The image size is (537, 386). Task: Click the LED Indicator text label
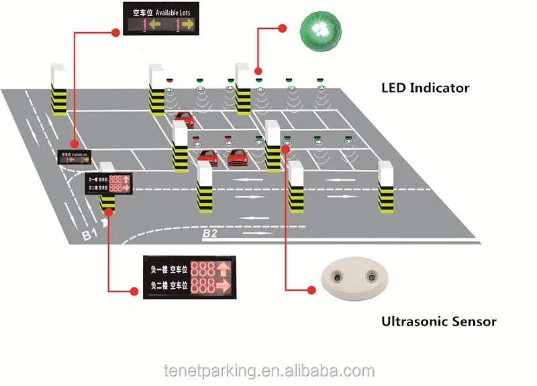[x=425, y=88]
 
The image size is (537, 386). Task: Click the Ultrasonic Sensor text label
[x=439, y=322]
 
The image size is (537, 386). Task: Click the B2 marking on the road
[x=210, y=234]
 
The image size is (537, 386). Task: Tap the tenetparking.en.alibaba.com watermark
[x=268, y=370]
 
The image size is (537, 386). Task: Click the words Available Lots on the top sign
[x=175, y=11]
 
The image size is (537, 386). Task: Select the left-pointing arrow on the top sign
[x=154, y=26]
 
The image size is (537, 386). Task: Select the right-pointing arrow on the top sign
[x=187, y=26]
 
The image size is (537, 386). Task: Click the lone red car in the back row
[x=183, y=119]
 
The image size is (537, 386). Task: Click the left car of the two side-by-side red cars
[x=207, y=158]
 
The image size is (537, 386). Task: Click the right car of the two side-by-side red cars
[x=236, y=158]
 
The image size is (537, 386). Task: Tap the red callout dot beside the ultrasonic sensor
[x=310, y=290]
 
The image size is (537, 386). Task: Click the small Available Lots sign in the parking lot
[x=75, y=157]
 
